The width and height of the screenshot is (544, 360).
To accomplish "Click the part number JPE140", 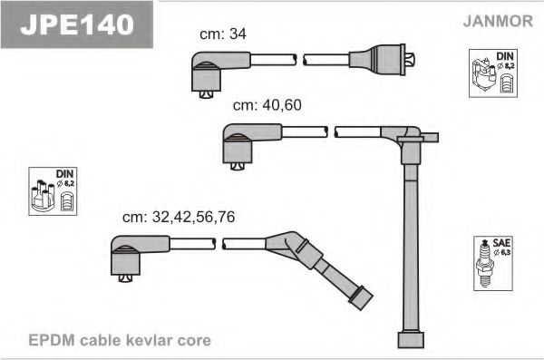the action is (x=77, y=24).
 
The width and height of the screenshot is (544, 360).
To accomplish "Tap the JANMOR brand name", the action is (x=498, y=21).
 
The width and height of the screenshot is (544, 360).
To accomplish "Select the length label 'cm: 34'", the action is (x=223, y=34).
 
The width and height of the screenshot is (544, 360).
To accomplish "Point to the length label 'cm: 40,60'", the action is (x=267, y=105).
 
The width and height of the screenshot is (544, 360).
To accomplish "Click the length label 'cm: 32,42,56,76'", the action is (x=179, y=217).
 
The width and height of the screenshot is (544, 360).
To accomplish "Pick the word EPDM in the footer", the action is (x=52, y=340).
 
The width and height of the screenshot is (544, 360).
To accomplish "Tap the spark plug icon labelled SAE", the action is (x=485, y=264).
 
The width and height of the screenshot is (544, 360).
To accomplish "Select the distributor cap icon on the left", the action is (x=43, y=196).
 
